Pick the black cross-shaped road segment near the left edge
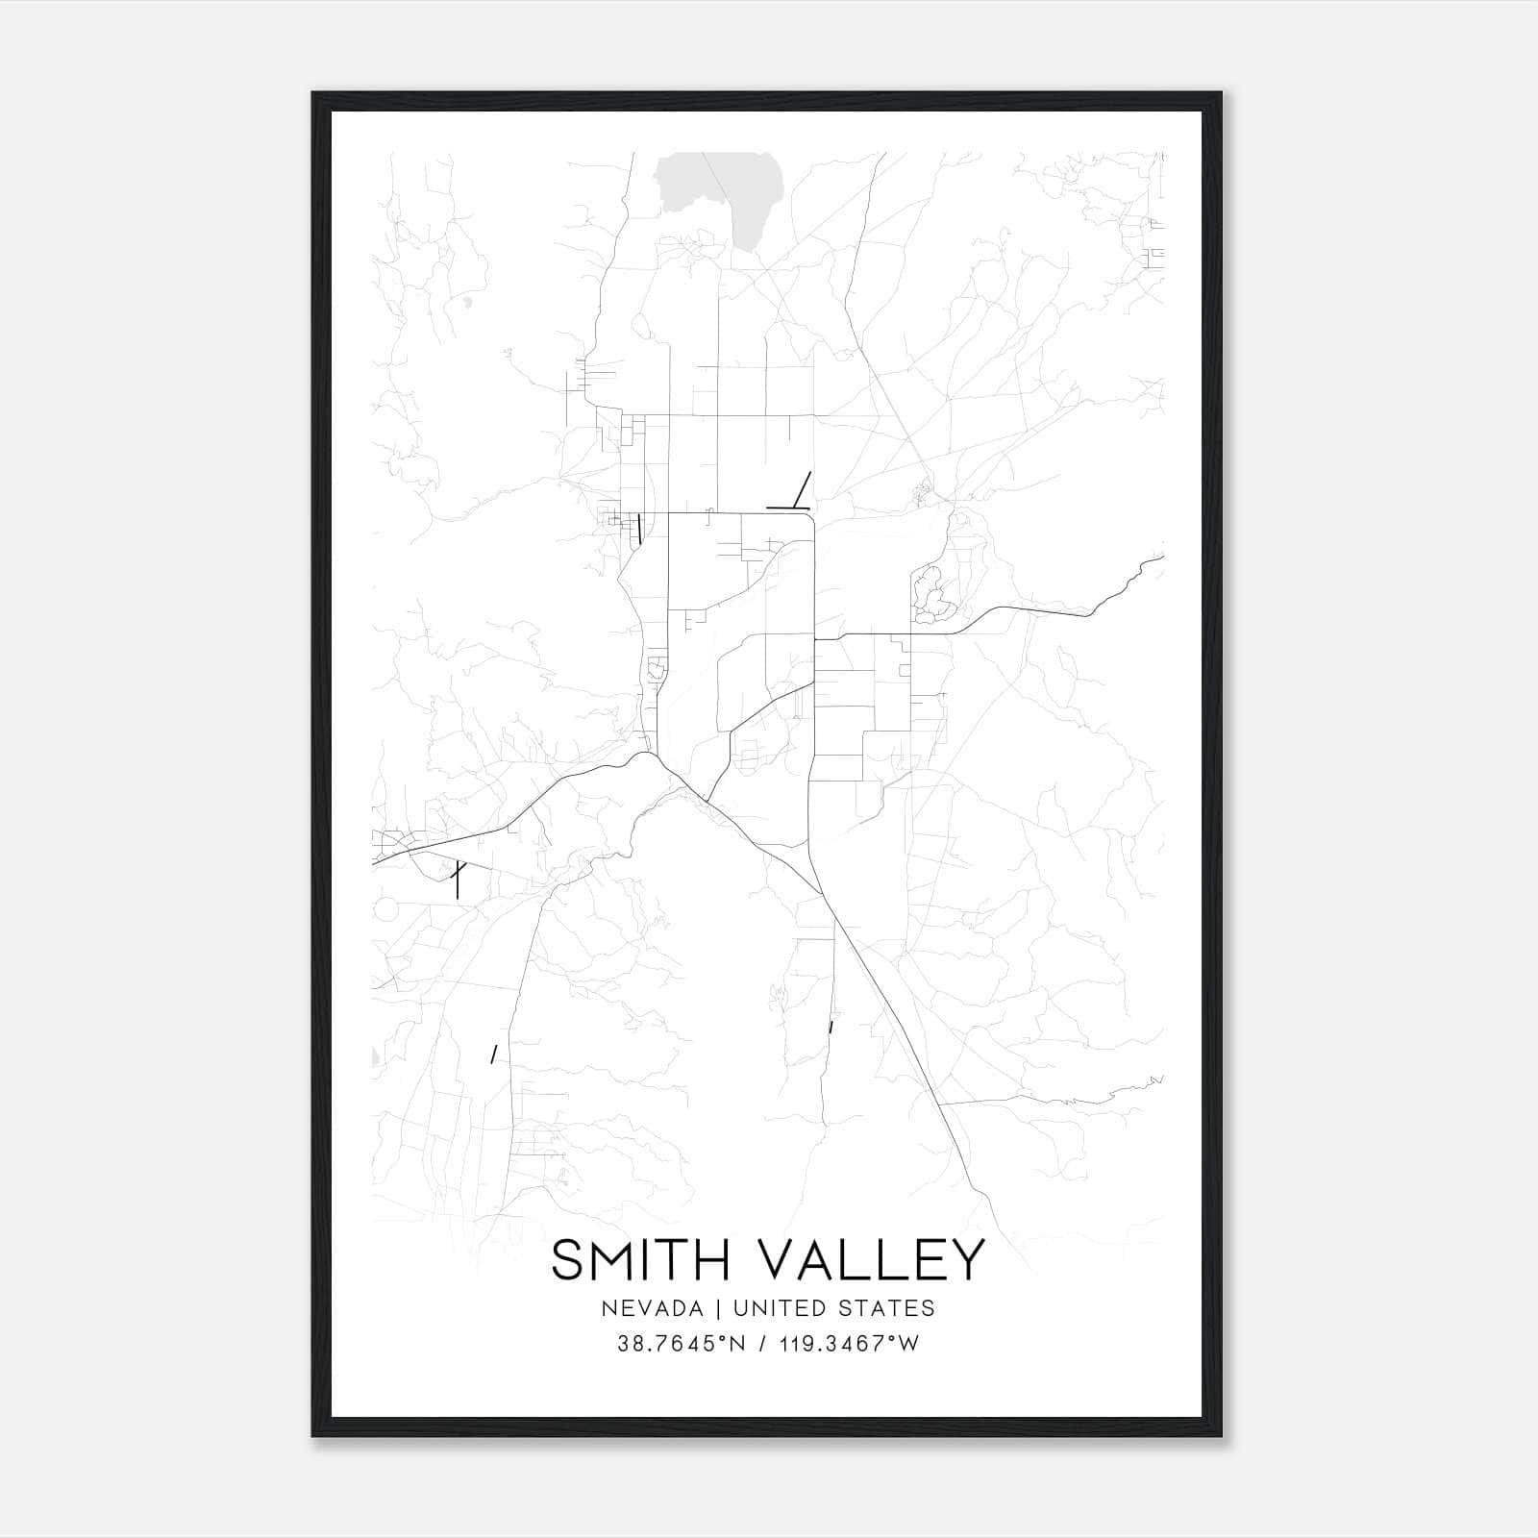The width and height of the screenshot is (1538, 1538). [x=458, y=877]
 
